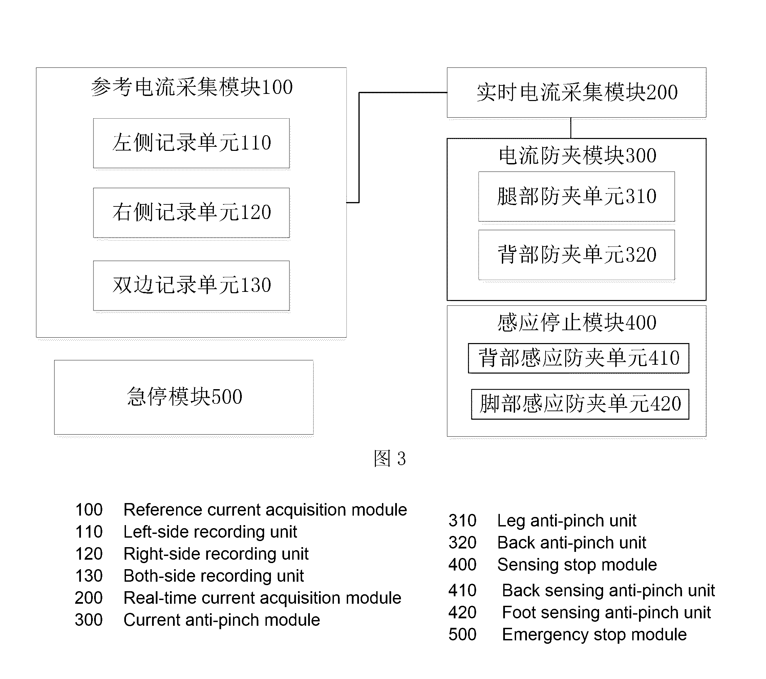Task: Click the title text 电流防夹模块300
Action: coord(577,156)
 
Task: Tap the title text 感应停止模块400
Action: coord(577,323)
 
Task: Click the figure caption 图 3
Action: coord(390,458)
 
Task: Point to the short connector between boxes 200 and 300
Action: coord(571,128)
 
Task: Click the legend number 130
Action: coord(89,576)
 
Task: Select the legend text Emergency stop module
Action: coord(594,635)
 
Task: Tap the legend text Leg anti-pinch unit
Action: coord(567,521)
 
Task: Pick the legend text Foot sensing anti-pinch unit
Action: coord(607,613)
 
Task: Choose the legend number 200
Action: coord(88,598)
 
